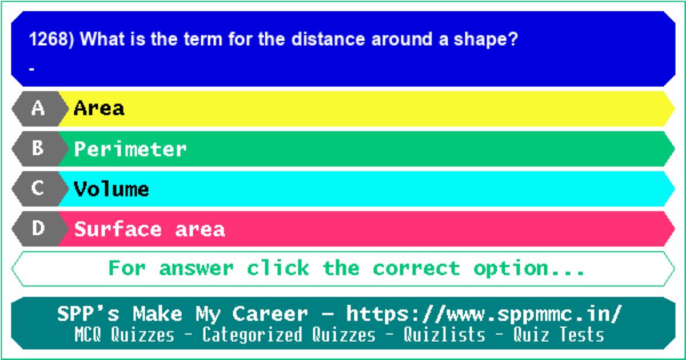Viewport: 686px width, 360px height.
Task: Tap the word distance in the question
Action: tap(328, 39)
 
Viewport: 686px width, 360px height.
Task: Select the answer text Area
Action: tap(99, 108)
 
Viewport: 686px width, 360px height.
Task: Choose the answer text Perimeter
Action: tap(130, 149)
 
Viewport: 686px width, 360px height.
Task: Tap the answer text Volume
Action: tap(111, 189)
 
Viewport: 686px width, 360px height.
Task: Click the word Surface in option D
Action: tap(118, 229)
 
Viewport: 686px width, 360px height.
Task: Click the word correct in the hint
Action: tap(417, 268)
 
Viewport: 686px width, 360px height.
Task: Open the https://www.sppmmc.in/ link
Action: tap(484, 314)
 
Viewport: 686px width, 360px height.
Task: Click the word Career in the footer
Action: tap(270, 314)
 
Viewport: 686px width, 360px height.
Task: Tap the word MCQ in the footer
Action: tap(87, 334)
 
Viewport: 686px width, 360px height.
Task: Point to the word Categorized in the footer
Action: tap(252, 335)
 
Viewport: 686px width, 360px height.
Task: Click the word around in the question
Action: tap(402, 39)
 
